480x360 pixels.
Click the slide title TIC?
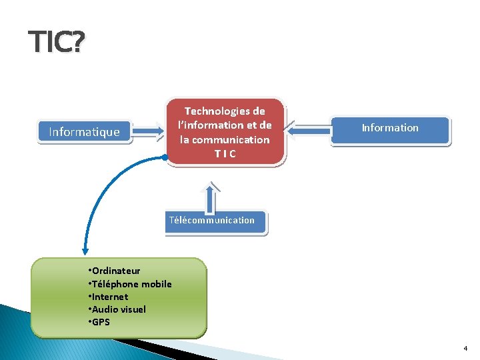(57, 43)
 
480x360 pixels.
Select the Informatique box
(84, 132)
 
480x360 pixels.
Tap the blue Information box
(390, 128)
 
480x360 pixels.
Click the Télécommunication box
(212, 220)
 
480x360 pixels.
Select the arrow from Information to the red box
(312, 131)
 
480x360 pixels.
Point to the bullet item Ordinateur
(115, 271)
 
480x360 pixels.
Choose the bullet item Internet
(109, 297)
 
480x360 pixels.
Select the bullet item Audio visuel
(118, 309)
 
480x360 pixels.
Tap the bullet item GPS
(101, 322)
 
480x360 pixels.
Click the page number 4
(465, 349)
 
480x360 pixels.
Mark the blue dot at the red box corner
(165, 158)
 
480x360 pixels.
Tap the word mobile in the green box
(156, 284)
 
